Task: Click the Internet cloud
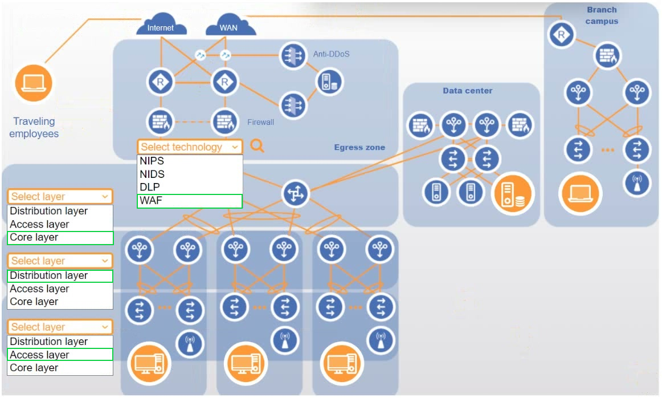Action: tap(161, 26)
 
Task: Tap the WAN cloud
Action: tap(228, 26)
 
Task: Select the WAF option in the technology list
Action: tap(190, 201)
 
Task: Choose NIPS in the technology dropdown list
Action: tap(190, 161)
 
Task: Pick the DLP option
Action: tap(190, 187)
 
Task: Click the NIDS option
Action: tap(190, 174)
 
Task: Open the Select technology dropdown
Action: tap(190, 147)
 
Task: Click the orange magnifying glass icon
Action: tap(258, 147)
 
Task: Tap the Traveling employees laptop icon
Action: tap(34, 83)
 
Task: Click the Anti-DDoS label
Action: tap(331, 54)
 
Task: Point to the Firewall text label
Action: tap(260, 122)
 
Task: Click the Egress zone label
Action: tap(359, 147)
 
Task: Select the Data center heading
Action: tap(467, 91)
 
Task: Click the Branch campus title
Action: tap(602, 15)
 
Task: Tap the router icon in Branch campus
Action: tap(562, 35)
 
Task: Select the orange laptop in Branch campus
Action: tap(581, 194)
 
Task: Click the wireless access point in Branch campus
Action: tap(636, 184)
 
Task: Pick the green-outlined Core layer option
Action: tap(60, 238)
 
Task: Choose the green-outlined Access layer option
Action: tap(60, 355)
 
